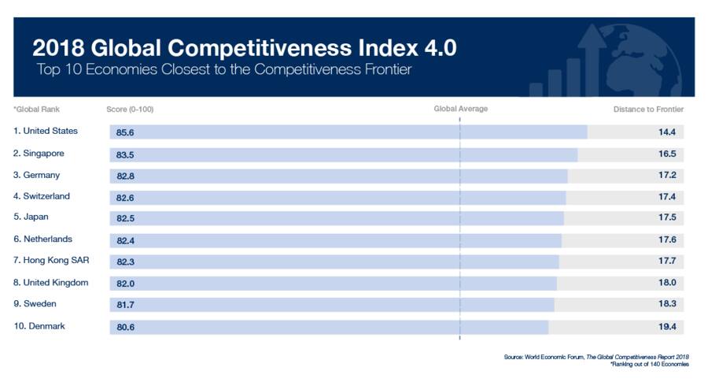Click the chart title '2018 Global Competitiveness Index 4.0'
(244, 48)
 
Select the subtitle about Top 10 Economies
(224, 70)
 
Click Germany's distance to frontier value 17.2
(667, 175)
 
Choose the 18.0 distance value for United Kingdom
(667, 283)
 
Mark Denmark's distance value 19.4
(667, 326)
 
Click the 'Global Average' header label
(460, 109)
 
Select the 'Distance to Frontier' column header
(648, 109)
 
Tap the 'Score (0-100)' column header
(135, 109)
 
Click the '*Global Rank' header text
(36, 109)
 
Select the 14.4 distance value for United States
(667, 132)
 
